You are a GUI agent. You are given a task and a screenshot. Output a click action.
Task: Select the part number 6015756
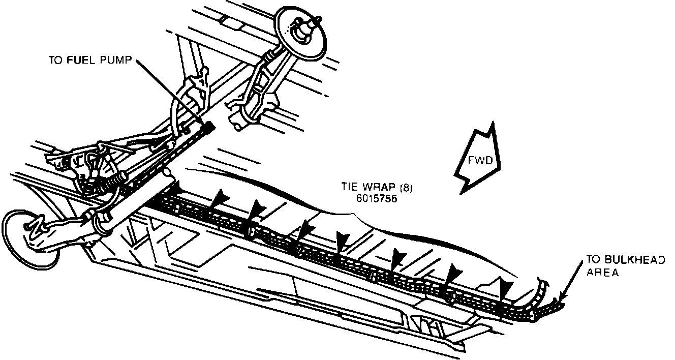(377, 199)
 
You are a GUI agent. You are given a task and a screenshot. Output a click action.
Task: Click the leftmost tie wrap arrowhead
(178, 190)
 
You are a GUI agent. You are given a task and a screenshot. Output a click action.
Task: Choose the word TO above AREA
(593, 260)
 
